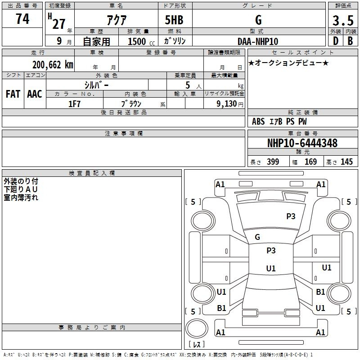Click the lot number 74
point(22,18)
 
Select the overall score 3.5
point(343,20)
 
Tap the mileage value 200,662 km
point(53,65)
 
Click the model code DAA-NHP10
point(258,41)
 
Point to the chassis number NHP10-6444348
point(302,143)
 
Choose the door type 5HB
point(174,20)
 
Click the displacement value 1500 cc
point(141,41)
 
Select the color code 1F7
point(74,104)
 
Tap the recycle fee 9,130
point(227,103)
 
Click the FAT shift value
point(13,94)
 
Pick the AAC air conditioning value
point(35,94)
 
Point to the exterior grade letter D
point(336,41)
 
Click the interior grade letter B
point(350,41)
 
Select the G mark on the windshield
point(257,237)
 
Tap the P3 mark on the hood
point(291,216)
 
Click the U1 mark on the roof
point(271,268)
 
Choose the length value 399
point(273,162)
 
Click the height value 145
point(346,162)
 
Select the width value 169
point(310,162)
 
